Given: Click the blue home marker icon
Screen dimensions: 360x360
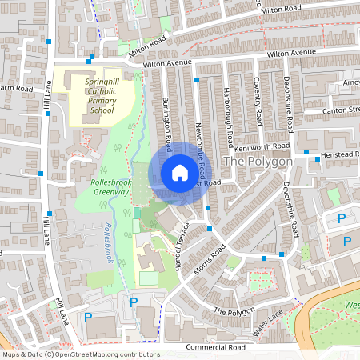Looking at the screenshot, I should (179, 173).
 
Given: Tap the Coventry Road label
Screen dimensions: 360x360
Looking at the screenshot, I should (258, 102).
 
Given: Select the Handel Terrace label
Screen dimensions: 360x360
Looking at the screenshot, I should (183, 244).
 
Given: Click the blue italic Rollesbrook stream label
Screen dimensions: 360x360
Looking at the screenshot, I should (110, 245).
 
